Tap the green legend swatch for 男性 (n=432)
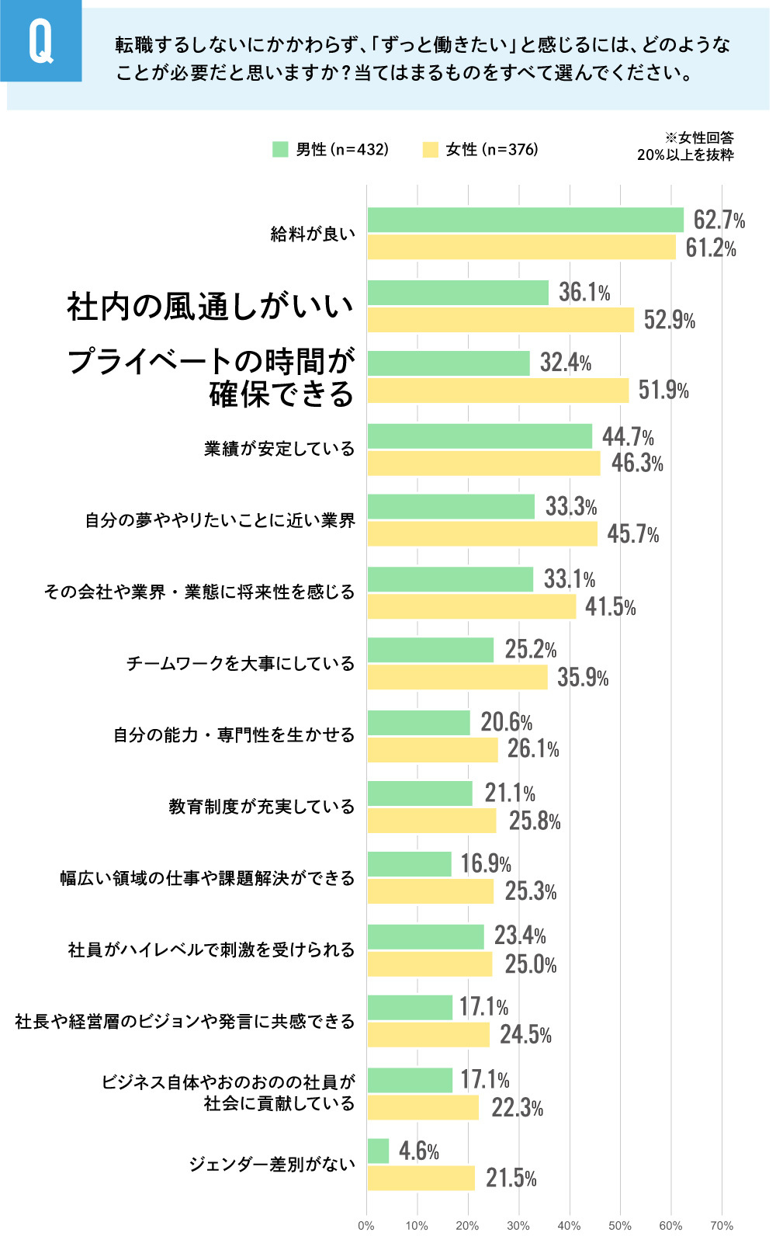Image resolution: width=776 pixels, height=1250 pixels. point(280,149)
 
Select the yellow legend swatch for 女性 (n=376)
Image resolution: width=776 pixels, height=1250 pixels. point(430,149)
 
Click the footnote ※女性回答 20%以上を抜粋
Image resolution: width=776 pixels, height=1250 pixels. point(685,146)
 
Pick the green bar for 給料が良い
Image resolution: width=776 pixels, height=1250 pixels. point(525,220)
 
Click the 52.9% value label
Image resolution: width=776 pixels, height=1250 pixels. point(669,320)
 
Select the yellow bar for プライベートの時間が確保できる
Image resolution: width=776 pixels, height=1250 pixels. point(497,391)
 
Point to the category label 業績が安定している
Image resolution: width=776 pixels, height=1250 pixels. point(279,449)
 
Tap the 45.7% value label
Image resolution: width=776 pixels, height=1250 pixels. point(632,534)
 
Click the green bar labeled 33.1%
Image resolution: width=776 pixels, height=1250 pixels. point(450,579)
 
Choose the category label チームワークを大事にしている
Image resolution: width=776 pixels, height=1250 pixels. point(241,663)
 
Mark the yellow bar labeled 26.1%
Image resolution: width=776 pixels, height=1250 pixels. point(432,750)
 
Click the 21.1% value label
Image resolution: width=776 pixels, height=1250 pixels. point(510,793)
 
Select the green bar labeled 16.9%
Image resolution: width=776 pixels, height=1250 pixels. point(409,864)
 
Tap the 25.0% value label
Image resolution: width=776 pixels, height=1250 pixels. point(531,964)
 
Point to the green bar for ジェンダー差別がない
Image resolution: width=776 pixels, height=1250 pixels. point(378,1151)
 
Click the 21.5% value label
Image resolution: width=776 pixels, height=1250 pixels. point(511,1178)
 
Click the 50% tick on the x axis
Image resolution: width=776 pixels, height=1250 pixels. point(619,1225)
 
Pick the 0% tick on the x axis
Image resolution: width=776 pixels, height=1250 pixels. point(366,1225)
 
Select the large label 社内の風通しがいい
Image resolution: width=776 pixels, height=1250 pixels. point(210,306)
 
